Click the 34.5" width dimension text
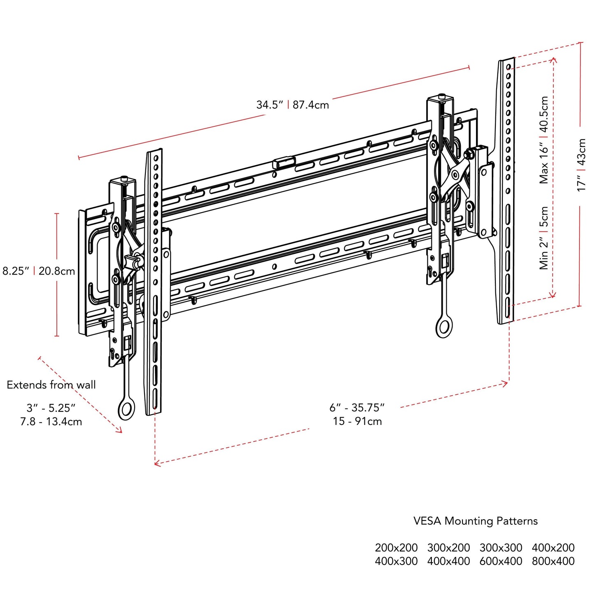coord(270,105)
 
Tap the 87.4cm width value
coord(311,105)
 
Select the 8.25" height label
coord(16,271)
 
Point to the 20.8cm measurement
coord(57,271)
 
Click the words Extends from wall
coord(51,385)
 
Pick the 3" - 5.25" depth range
coord(51,408)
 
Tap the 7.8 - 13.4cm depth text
coord(51,422)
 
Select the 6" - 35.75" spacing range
coord(357,408)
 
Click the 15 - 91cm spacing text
coord(357,421)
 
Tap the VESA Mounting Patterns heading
coord(476,521)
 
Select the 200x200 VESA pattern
coord(396,548)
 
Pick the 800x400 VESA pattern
coord(553,561)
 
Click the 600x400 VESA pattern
coord(501,561)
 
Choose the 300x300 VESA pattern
coord(501,548)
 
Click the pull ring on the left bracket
coord(126,409)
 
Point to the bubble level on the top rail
coord(284,161)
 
